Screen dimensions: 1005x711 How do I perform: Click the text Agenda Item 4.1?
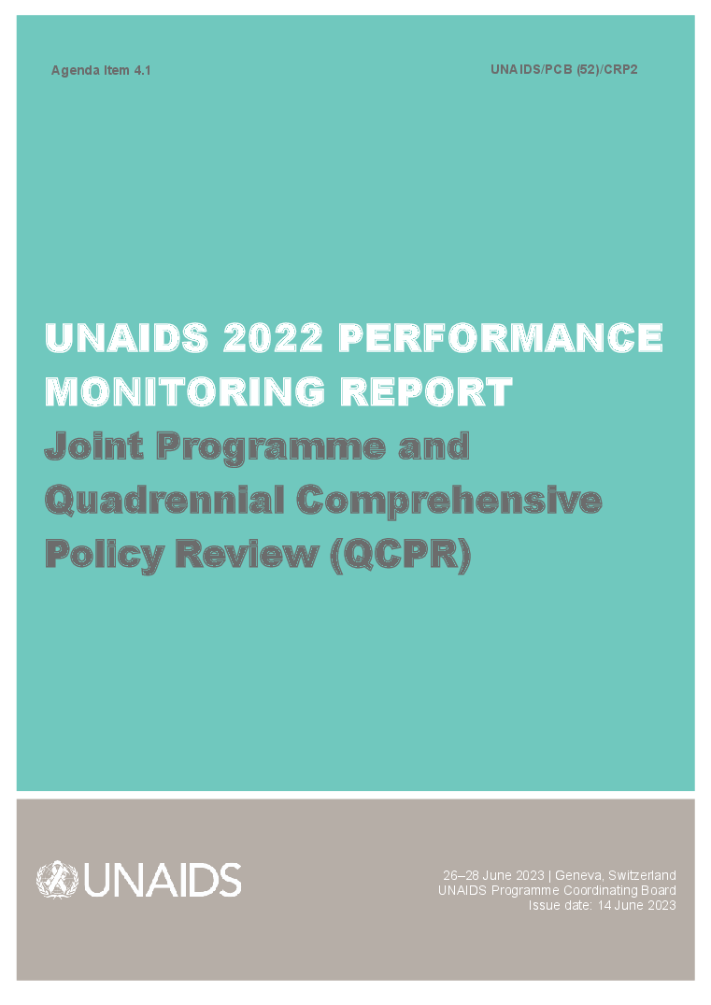pyautogui.click(x=101, y=70)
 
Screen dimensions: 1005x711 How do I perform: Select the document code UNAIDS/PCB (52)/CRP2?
pyautogui.click(x=563, y=69)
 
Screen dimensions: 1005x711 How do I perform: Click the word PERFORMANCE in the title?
pyautogui.click(x=500, y=338)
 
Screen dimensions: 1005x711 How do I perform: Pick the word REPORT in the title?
pyautogui.click(x=426, y=391)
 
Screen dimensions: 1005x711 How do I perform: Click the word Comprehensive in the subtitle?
pyautogui.click(x=449, y=502)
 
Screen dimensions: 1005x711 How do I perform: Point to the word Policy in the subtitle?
pyautogui.click(x=103, y=555)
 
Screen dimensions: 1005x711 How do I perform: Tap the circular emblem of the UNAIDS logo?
pyautogui.click(x=58, y=880)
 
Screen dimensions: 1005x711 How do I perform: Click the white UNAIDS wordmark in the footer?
pyautogui.click(x=163, y=880)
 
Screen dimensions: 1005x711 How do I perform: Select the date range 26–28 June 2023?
pyautogui.click(x=495, y=875)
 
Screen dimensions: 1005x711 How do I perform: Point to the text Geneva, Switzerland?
pyautogui.click(x=616, y=875)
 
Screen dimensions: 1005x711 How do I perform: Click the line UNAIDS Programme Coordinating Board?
pyautogui.click(x=557, y=890)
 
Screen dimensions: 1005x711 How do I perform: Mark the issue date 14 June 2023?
pyautogui.click(x=636, y=905)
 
